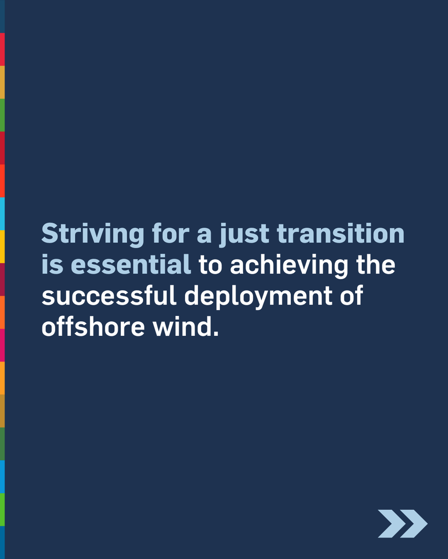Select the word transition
tap(341, 233)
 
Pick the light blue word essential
tap(131, 265)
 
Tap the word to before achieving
tap(210, 265)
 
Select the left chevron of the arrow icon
tap(389, 524)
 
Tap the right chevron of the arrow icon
tap(414, 524)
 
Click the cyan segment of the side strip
tap(2, 214)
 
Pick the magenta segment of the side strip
tap(2, 345)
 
